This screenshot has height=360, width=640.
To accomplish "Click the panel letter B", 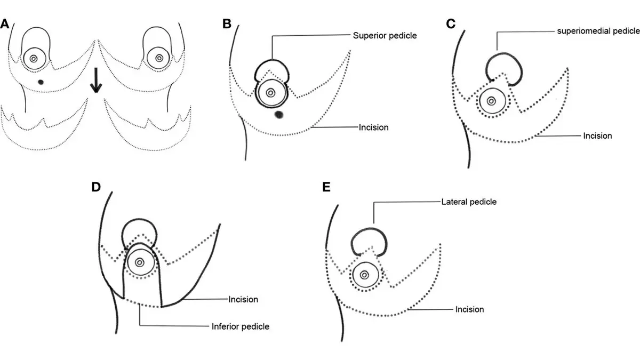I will [227, 23].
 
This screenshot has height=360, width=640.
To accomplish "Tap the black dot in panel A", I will [41, 82].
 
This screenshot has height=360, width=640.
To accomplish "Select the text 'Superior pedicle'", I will [384, 36].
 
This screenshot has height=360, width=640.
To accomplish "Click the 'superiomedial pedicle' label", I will [598, 31].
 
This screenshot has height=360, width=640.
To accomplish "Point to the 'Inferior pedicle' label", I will [237, 326].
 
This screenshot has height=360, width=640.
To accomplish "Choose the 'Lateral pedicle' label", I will [469, 202].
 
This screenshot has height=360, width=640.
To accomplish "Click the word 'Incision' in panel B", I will [374, 127].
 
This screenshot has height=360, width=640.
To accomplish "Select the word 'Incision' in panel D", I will [243, 299].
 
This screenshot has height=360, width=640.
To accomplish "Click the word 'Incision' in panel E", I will [469, 309].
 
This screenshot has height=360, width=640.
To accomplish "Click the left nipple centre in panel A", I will [34, 59].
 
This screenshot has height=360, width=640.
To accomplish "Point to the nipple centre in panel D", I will [140, 262].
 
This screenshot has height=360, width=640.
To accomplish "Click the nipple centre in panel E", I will [364, 275].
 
